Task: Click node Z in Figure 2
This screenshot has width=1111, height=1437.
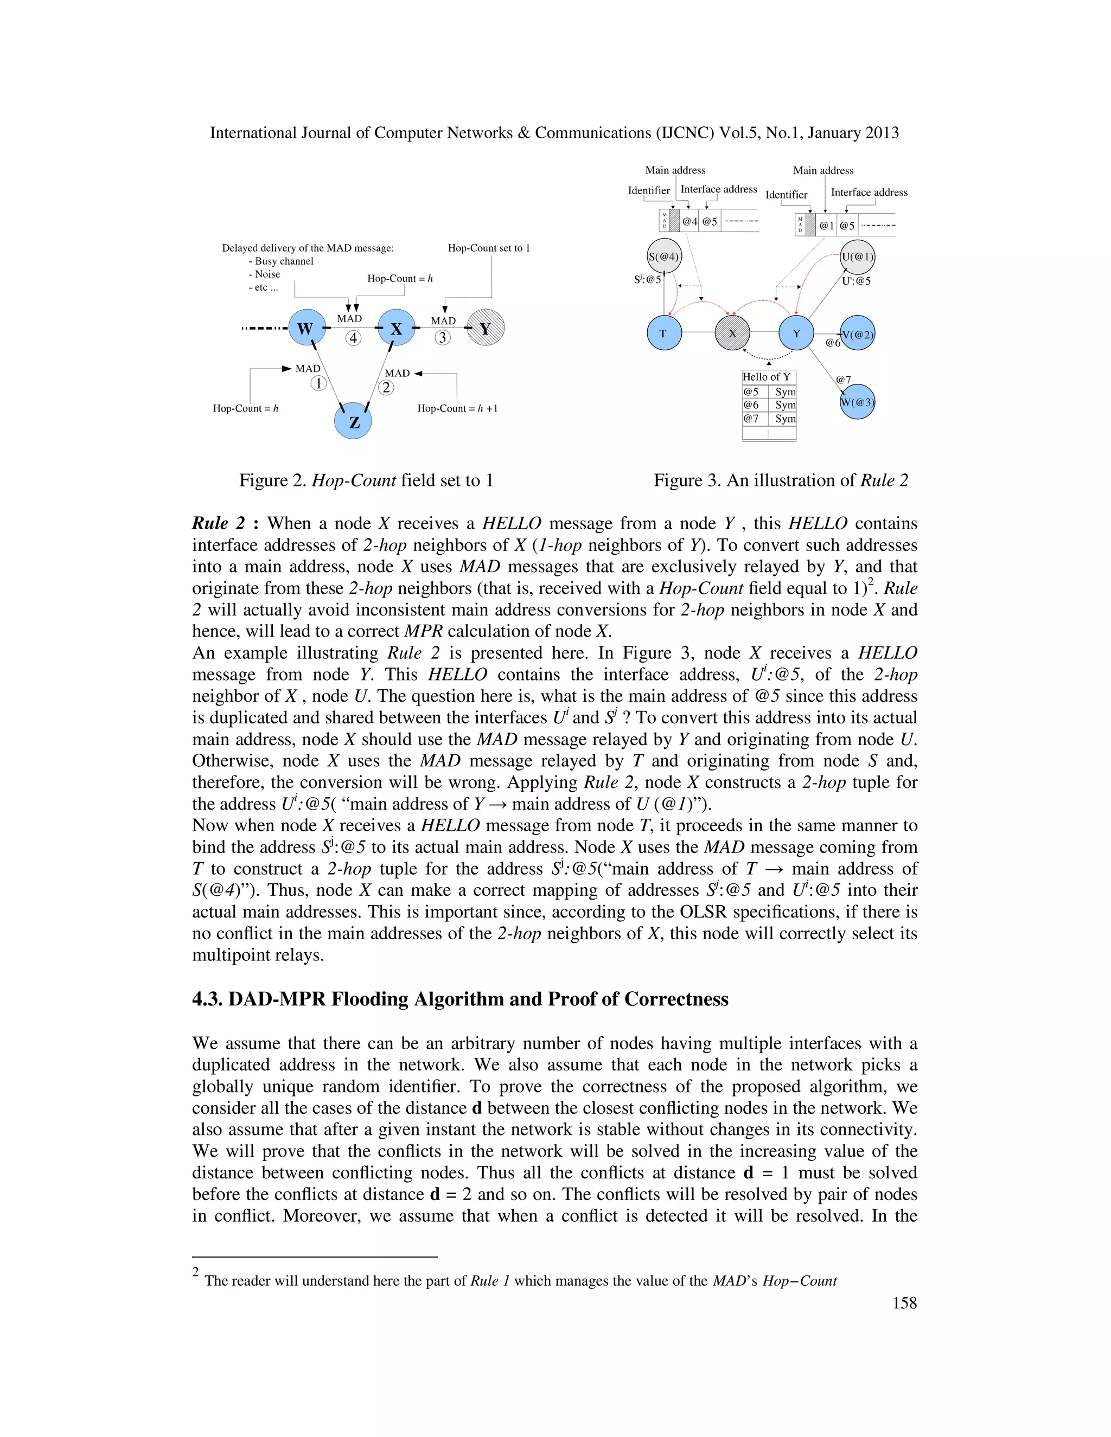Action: [x=354, y=421]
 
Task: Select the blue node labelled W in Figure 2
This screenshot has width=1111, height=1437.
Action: [x=307, y=328]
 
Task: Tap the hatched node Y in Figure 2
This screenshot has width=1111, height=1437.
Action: [x=486, y=328]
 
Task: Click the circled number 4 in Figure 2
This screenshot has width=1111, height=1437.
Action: [x=354, y=338]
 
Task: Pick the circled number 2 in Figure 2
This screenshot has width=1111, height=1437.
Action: [x=386, y=388]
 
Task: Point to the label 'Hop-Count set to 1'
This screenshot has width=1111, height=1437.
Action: [x=488, y=248]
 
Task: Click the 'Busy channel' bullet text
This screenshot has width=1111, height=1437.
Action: [x=284, y=261]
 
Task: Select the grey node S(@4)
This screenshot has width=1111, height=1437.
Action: [x=663, y=256]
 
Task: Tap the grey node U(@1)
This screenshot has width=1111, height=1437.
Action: [x=857, y=256]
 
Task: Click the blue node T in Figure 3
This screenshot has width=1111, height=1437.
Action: [x=663, y=333]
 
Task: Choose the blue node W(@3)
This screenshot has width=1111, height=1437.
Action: [x=857, y=402]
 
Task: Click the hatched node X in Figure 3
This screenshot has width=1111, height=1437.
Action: [x=732, y=333]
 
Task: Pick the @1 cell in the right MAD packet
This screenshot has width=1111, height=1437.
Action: [x=826, y=226]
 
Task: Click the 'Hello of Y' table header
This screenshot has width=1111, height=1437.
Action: [x=768, y=377]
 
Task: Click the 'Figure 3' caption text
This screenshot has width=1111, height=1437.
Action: [x=780, y=480]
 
